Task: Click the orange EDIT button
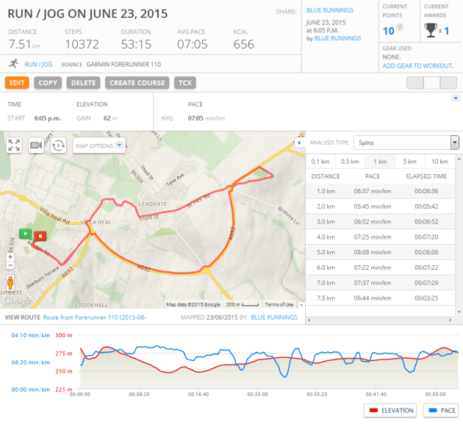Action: pos(18,83)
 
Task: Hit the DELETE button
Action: pos(83,83)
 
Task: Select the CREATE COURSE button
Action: pos(137,83)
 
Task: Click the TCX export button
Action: pos(184,83)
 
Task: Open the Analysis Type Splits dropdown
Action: pos(406,143)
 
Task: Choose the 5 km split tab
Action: pos(409,162)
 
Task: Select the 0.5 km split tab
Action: pos(350,162)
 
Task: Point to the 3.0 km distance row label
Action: pos(326,221)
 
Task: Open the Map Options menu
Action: pos(99,145)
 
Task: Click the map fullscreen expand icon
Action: pos(14,145)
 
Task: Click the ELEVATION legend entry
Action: pos(389,410)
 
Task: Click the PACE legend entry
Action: pos(440,410)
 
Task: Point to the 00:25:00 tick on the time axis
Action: pos(258,394)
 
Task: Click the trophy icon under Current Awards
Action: pos(431,30)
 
